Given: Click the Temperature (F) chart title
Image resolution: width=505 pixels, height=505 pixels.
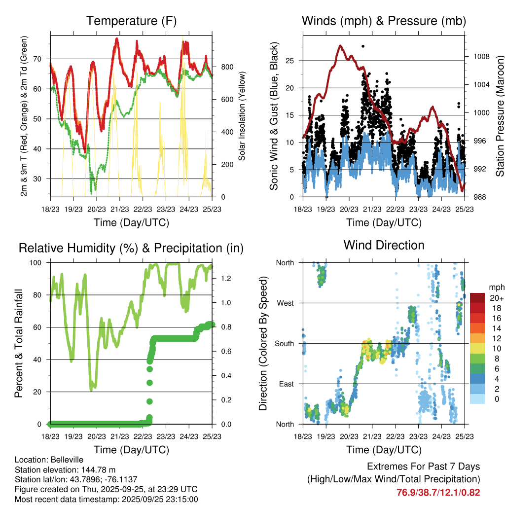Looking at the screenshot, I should point(131,21).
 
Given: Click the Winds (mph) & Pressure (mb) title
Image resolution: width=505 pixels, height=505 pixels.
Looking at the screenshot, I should point(384,21).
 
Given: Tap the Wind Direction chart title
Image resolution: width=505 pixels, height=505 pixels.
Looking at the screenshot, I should point(384,245).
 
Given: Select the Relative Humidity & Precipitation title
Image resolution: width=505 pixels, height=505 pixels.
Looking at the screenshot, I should point(131,248).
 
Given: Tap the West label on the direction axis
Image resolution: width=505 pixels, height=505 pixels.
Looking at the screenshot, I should point(285,303).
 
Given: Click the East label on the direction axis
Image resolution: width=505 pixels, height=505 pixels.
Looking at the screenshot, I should point(286,384).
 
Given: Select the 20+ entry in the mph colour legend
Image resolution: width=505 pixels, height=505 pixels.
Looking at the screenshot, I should point(496,298).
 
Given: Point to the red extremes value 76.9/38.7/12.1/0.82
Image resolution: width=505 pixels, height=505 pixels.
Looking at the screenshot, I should point(438,492).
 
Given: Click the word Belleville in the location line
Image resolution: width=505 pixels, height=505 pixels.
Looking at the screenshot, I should point(63,460).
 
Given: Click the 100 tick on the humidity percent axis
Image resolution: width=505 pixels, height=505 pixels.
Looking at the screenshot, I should point(38,263).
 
